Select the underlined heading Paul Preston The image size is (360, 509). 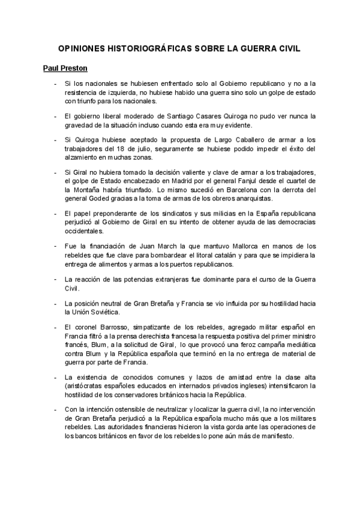(65, 68)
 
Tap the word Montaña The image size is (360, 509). (85, 190)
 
